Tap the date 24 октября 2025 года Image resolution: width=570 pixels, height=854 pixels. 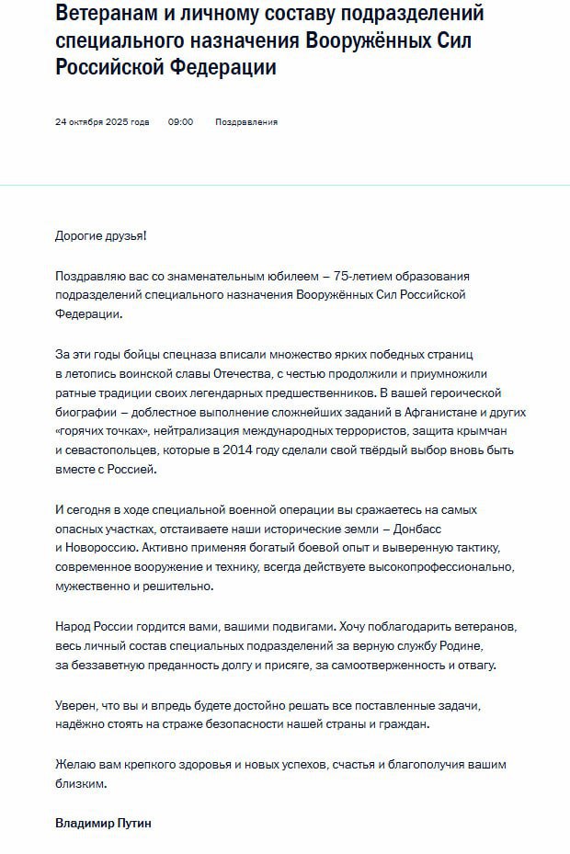pos(102,122)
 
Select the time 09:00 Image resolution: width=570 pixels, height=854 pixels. pos(180,122)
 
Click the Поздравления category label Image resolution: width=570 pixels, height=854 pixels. pos(246,122)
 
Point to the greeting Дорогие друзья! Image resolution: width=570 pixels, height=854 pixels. pos(100,235)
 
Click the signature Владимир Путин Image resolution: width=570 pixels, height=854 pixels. pos(103,824)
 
